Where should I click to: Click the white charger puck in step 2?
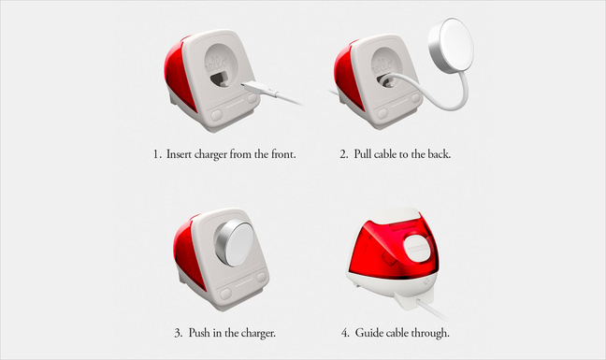click(451, 42)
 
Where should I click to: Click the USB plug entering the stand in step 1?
click(256, 89)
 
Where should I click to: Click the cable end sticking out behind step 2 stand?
click(332, 93)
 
